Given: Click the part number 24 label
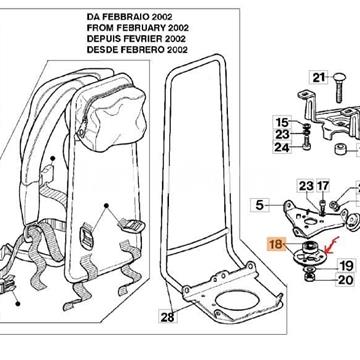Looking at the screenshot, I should pos(283,148).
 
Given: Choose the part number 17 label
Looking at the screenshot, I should pos(323,186).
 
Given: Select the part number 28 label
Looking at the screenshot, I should pos(167,318).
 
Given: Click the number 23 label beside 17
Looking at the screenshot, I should pos(306,186).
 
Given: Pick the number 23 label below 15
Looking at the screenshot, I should pos(283,135).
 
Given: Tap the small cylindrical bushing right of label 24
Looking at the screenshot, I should pos(316,150).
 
